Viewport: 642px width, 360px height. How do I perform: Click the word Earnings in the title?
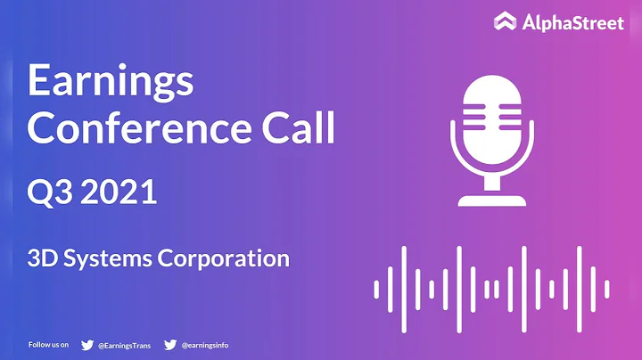[x=111, y=83]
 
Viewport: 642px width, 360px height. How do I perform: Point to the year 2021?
[x=120, y=191]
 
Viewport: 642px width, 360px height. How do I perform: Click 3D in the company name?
[x=43, y=259]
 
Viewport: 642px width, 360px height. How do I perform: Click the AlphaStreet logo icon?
[x=506, y=21]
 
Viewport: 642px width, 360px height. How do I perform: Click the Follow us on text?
[x=50, y=344]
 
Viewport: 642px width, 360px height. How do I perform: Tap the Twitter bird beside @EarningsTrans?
[x=87, y=344]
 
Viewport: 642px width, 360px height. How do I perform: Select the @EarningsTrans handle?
[x=126, y=344]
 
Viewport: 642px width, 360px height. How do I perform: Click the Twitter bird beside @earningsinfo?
[x=169, y=344]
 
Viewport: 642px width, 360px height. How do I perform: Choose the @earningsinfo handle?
[x=205, y=344]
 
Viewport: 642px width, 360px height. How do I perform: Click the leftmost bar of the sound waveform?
[x=377, y=288]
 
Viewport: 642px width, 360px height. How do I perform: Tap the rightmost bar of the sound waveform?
[x=607, y=288]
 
